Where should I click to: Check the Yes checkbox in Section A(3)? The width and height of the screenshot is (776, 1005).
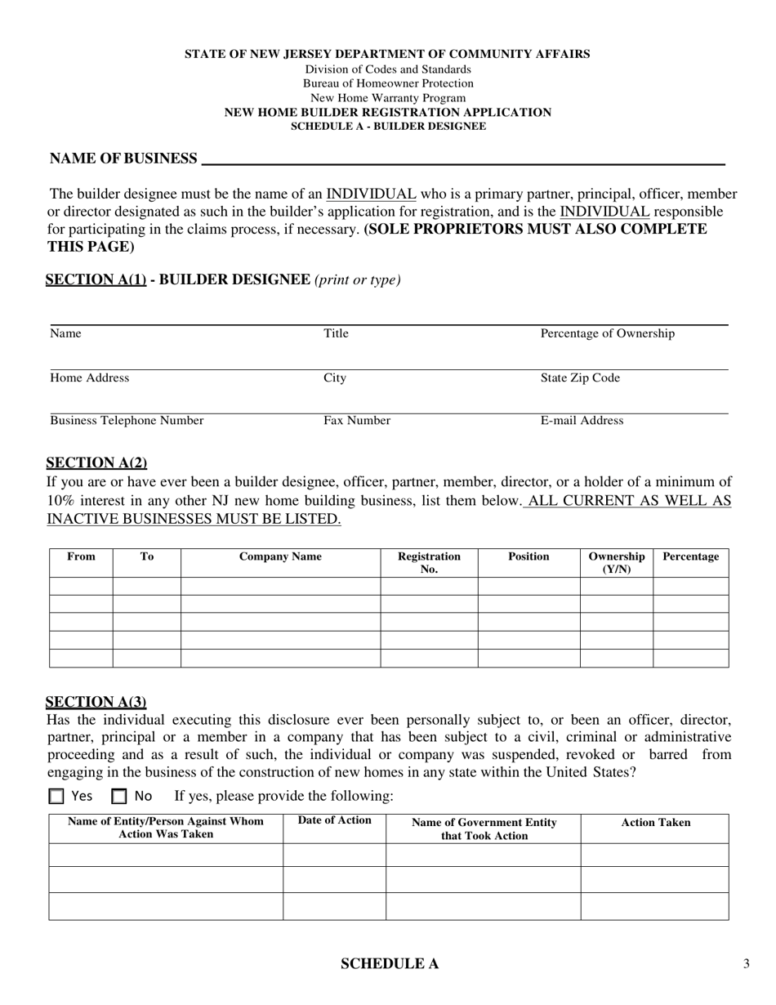56,796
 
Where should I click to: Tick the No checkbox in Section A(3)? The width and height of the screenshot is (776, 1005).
119,796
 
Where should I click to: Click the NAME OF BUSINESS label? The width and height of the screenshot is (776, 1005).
123,159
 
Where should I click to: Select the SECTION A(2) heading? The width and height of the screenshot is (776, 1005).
96,462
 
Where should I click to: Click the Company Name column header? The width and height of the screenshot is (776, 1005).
280,557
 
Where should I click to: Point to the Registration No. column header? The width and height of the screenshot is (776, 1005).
429,563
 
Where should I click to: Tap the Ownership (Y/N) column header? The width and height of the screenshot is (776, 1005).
617,563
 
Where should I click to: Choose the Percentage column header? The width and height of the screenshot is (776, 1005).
690,557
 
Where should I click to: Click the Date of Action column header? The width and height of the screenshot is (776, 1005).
335,820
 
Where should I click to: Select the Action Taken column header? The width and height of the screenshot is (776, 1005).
655,823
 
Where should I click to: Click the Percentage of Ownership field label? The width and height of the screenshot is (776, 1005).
608,333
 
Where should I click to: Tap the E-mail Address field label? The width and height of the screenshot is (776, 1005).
582,421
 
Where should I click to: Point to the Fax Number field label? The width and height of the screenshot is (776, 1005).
357,421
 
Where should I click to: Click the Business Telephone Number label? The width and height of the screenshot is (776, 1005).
127,421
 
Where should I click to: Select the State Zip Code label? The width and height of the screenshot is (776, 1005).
580,377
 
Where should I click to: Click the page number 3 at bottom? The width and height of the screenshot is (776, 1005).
747,964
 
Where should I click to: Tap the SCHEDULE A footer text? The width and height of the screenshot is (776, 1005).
389,964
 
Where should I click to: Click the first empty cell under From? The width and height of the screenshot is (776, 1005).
81,586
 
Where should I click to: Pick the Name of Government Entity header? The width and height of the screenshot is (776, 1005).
484,829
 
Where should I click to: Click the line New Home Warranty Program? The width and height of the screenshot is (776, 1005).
388,98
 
